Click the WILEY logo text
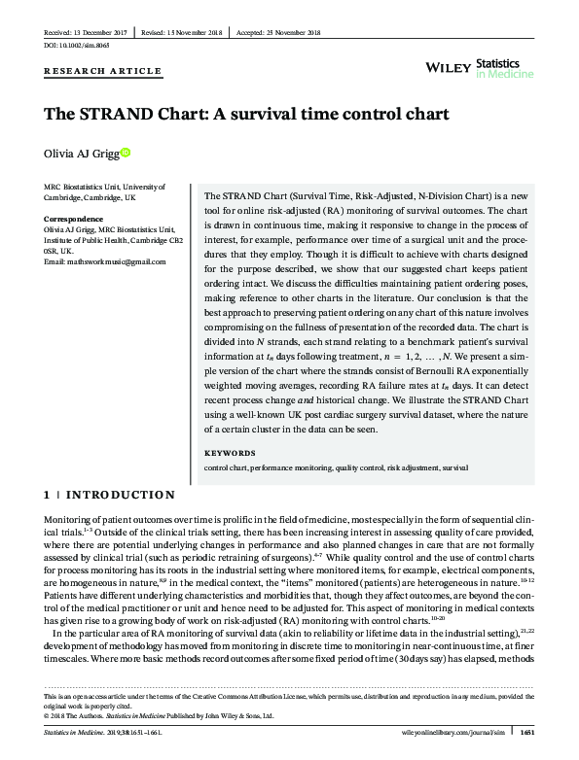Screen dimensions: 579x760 coord(450,65)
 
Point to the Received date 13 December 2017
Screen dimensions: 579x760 coord(82,31)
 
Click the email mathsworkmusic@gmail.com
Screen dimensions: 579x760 coord(97,260)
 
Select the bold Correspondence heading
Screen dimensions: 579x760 coord(75,219)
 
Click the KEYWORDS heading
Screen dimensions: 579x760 coord(230,453)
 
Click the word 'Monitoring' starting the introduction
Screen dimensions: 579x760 coord(66,523)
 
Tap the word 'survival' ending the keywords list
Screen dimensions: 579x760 coord(455,467)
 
